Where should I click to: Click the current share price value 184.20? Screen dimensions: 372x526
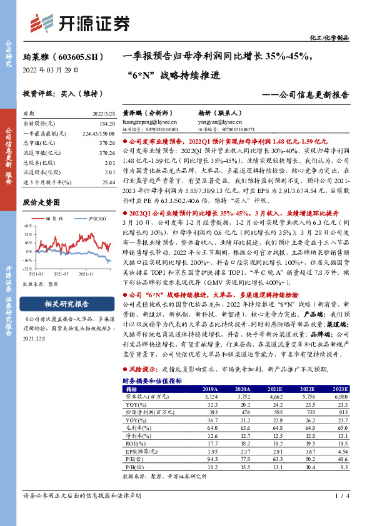coord(107,124)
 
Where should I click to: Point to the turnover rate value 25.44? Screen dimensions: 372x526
coord(108,181)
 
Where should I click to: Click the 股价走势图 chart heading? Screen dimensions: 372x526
coord(41,203)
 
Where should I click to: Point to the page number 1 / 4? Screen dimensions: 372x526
coord(341,514)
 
